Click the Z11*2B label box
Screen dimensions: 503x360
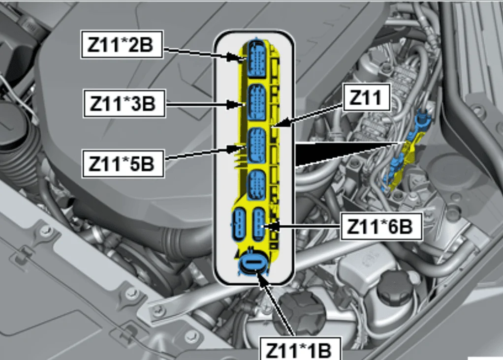122,44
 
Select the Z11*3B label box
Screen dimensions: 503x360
124,104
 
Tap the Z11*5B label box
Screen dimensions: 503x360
123,163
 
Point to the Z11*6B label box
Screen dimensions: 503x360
381,226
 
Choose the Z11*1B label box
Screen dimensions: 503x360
299,349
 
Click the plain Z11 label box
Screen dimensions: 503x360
367,97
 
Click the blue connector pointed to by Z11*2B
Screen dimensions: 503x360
256,60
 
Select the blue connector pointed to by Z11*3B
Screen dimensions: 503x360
257,103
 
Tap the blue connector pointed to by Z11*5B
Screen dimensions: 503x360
257,146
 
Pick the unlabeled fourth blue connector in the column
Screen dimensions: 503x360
256,186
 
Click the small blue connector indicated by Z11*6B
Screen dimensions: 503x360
259,224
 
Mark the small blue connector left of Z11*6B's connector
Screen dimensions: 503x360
240,224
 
